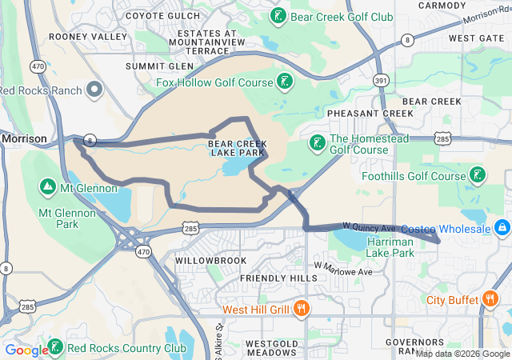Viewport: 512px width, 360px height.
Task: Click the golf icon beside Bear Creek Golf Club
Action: pyautogui.click(x=278, y=16)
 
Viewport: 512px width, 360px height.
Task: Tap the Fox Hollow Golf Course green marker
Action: pyautogui.click(x=284, y=81)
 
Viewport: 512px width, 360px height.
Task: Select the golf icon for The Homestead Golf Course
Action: pyautogui.click(x=317, y=142)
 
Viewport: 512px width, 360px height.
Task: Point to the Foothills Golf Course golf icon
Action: pyautogui.click(x=478, y=175)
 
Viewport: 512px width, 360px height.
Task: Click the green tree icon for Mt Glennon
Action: pyautogui.click(x=47, y=187)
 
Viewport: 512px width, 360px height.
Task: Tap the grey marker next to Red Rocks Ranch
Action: pyautogui.click(x=95, y=90)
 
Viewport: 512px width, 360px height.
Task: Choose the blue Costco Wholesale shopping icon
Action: pyautogui.click(x=502, y=229)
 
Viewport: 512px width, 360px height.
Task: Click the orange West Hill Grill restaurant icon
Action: pyautogui.click(x=301, y=309)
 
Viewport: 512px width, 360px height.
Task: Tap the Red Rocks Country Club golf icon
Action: pyautogui.click(x=55, y=347)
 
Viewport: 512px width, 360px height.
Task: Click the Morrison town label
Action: pyautogui.click(x=25, y=138)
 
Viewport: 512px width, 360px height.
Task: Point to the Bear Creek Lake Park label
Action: pyautogui.click(x=236, y=148)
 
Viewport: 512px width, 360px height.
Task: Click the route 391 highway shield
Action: pyautogui.click(x=382, y=81)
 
